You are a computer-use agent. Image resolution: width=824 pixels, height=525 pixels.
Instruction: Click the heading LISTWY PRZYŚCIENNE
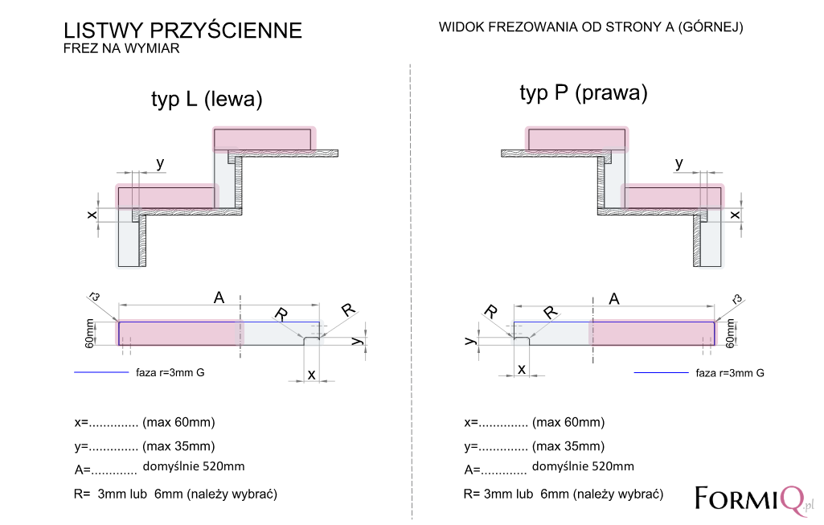182,31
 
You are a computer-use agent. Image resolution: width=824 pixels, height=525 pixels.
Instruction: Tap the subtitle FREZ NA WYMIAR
121,48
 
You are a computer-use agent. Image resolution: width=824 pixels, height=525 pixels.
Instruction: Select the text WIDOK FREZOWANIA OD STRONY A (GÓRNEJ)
591,27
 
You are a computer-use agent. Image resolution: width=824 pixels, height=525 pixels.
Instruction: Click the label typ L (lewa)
207,100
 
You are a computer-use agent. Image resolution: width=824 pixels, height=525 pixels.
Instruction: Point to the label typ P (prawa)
584,93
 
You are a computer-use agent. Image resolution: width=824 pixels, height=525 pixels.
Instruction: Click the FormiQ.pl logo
754,499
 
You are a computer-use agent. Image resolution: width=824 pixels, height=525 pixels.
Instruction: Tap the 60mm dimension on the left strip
90,333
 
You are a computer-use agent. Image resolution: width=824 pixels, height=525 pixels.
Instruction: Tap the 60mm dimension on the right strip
730,333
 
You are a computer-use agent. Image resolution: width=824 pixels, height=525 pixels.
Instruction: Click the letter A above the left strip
219,298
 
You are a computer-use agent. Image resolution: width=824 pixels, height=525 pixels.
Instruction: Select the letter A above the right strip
614,299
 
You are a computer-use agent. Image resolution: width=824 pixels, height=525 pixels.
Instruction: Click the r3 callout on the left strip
95,297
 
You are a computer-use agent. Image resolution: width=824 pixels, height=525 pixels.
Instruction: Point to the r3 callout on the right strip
737,300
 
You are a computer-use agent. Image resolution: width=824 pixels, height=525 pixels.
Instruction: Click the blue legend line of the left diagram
101,372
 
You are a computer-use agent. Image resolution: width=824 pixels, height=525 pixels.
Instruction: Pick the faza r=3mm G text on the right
730,373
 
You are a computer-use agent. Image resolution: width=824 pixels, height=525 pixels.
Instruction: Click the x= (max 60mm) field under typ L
145,422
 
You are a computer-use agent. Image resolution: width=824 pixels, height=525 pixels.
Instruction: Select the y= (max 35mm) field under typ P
535,446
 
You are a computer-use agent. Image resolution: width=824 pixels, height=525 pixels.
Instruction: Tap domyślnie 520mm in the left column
194,466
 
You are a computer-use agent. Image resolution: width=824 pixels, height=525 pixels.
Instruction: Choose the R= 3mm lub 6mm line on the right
564,494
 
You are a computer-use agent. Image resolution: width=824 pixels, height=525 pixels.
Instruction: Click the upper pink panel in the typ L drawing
264,139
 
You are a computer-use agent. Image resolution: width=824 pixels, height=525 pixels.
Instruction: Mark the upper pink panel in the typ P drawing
577,139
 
